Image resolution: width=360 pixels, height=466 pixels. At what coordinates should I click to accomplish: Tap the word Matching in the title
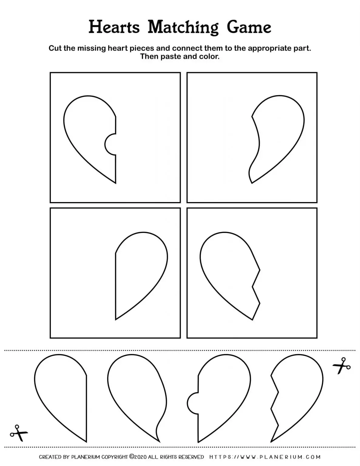click(x=183, y=28)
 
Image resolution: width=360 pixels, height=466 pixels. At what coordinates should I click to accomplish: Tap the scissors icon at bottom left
click(x=19, y=433)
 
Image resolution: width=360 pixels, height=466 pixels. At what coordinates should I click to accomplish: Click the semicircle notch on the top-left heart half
click(x=110, y=144)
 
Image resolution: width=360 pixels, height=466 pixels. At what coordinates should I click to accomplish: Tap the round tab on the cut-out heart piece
click(x=193, y=403)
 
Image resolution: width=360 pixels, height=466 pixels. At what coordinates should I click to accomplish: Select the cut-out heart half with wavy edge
click(x=136, y=394)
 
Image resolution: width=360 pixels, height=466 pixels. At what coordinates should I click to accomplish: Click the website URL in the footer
click(x=265, y=457)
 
